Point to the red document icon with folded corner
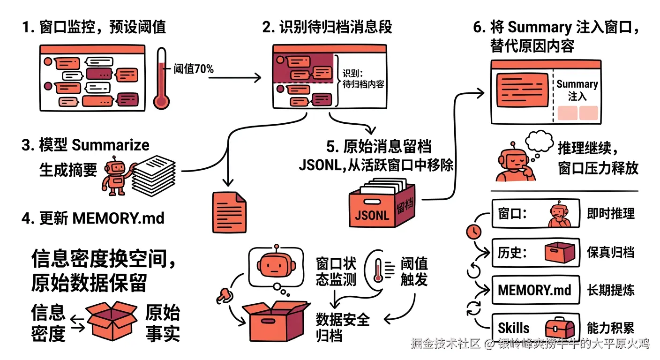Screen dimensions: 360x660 coord(229,212)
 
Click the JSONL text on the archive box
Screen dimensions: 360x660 coord(372,215)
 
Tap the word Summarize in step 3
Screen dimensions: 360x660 coord(111,145)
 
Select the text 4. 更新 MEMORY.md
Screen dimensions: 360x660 coord(93,218)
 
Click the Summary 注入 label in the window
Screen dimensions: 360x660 coord(577,90)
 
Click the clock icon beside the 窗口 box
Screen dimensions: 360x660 coord(474,231)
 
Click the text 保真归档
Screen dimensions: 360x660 coord(610,252)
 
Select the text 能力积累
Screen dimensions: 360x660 coord(610,328)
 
